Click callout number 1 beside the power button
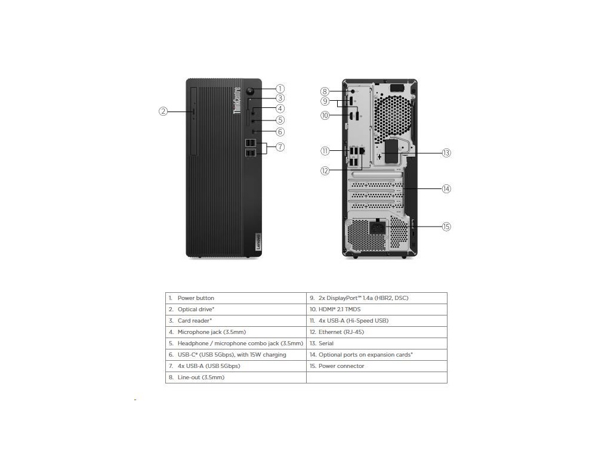280,89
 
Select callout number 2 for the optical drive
163,111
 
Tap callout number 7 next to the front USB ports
280,147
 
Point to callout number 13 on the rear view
446,153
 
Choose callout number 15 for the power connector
446,227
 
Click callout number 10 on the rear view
325,116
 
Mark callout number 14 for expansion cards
446,189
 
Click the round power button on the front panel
251,92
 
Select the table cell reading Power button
236,298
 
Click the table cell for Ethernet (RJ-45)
377,332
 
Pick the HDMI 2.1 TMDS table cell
377,310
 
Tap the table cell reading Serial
377,343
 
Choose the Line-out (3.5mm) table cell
236,377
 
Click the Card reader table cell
236,321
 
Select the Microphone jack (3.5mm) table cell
236,332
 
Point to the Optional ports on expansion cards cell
377,355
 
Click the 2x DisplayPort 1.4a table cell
377,298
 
